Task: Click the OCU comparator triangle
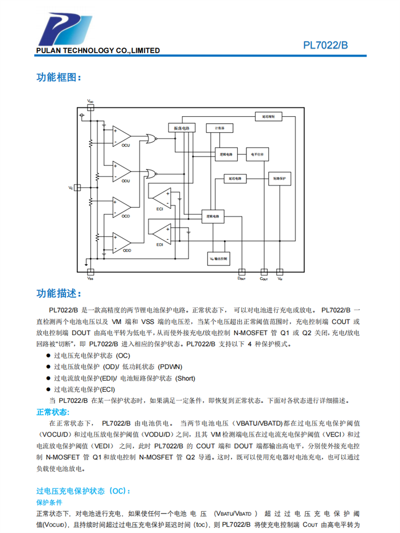tap(122, 137)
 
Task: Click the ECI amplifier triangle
tap(162, 199)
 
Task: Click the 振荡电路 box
tap(181, 128)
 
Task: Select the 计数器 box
tap(219, 128)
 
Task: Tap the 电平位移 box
tap(257, 154)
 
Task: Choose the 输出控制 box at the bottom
tap(219, 259)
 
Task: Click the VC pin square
tap(77, 188)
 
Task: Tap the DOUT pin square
tap(242, 271)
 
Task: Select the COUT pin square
tap(263, 271)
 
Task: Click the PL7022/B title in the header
tap(325, 45)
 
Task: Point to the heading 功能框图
tap(59, 77)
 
